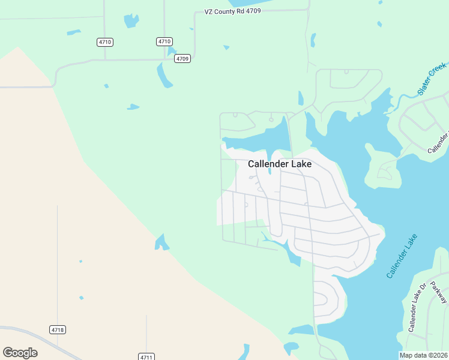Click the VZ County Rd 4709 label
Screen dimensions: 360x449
[232, 11]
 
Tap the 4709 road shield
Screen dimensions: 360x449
[183, 59]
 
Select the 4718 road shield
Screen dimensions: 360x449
[58, 330]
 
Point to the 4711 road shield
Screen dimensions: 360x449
[146, 356]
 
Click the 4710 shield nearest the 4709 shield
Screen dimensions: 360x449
[164, 41]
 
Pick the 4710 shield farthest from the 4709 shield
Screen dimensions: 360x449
[105, 42]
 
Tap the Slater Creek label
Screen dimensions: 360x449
[432, 79]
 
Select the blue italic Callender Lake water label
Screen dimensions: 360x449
[402, 256]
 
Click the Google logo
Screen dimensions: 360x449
[20, 353]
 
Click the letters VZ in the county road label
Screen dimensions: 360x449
[209, 11]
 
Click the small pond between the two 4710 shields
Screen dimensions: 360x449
[130, 21]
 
